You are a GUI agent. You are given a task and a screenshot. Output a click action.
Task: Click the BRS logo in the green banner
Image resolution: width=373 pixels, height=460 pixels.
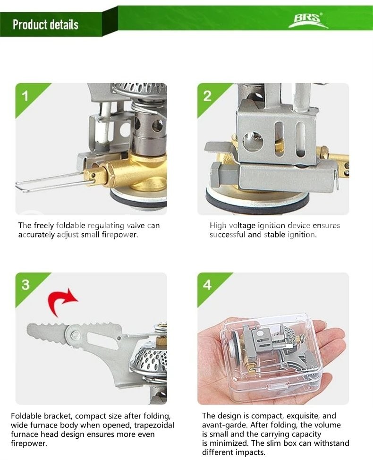[x=308, y=20]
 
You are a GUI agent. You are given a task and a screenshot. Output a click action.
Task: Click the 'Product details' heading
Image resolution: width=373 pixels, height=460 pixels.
[x=45, y=25]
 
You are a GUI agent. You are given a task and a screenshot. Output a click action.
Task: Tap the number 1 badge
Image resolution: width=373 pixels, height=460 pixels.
[x=26, y=96]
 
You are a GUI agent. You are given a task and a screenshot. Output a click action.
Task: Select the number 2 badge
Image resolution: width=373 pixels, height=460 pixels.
[x=207, y=96]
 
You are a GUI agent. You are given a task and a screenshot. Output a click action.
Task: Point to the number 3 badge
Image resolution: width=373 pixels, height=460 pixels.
[x=26, y=285]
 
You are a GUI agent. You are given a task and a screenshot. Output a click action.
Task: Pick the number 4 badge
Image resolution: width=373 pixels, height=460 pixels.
[x=207, y=285]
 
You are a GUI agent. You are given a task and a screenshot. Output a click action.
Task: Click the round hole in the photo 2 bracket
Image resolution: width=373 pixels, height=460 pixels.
[x=253, y=140]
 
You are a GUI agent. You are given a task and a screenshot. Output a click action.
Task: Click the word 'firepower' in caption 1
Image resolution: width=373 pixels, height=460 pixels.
[x=119, y=235]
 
